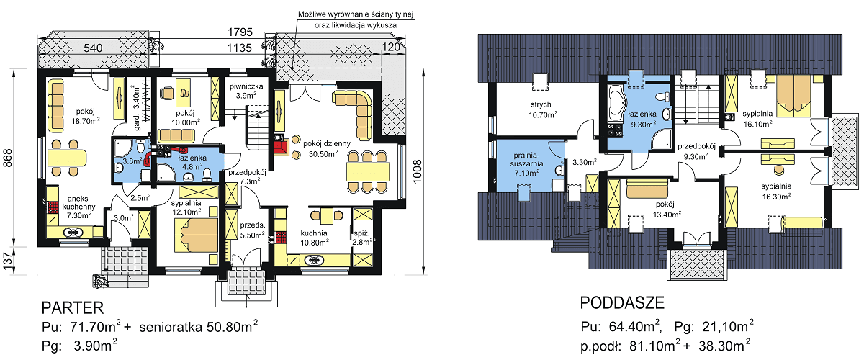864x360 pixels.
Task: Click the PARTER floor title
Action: tap(73, 308)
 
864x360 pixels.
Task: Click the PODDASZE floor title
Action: tap(622, 303)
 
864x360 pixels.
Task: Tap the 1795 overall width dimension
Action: tap(240, 32)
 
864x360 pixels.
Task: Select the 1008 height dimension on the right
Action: tap(417, 171)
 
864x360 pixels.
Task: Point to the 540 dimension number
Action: tap(93, 48)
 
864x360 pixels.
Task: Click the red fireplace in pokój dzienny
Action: tap(280, 147)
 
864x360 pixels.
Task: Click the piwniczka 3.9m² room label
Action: tap(246, 91)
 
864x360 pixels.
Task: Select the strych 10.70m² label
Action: tap(542, 109)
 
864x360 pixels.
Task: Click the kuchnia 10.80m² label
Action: tap(315, 238)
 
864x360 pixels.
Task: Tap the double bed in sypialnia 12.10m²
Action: tap(197, 235)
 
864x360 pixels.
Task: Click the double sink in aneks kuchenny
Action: tap(73, 233)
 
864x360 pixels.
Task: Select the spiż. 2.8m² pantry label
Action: tap(361, 238)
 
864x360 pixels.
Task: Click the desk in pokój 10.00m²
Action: tap(183, 93)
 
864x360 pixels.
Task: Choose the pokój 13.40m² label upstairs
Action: tap(667, 209)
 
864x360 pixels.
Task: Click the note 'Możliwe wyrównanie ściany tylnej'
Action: tap(355, 14)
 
